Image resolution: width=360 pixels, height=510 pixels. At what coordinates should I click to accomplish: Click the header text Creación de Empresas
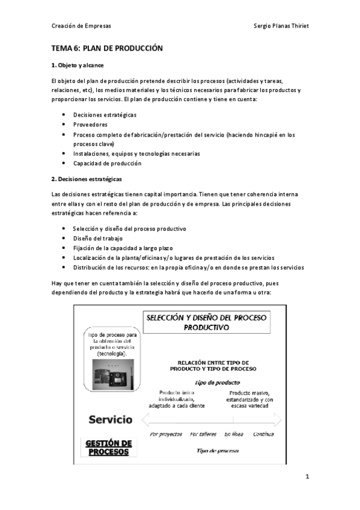pyautogui.click(x=81, y=26)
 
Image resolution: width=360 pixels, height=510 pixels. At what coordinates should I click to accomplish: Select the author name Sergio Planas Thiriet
pyautogui.click(x=282, y=26)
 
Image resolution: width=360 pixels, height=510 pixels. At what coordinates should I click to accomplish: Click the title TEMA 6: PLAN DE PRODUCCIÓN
pyautogui.click(x=107, y=48)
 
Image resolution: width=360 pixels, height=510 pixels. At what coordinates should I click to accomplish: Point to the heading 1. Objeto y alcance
pyautogui.click(x=78, y=64)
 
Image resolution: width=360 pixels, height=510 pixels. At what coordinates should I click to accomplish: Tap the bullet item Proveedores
pyautogui.click(x=91, y=124)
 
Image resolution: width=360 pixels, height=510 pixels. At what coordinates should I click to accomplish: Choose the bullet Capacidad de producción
pyautogui.click(x=107, y=163)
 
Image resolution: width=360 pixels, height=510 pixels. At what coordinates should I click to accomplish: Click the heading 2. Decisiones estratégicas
pyautogui.click(x=87, y=179)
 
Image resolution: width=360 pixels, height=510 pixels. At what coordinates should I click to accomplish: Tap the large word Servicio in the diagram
pyautogui.click(x=111, y=419)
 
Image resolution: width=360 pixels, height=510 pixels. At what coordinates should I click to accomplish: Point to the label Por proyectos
pyautogui.click(x=166, y=434)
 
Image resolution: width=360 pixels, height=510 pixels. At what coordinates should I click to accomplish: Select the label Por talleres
pyautogui.click(x=203, y=434)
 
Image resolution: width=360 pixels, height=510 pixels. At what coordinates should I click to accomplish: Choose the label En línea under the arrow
pyautogui.click(x=234, y=434)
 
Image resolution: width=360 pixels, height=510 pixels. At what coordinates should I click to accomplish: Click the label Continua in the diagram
pyautogui.click(x=263, y=434)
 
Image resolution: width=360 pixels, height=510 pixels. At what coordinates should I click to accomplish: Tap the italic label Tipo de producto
pyautogui.click(x=209, y=382)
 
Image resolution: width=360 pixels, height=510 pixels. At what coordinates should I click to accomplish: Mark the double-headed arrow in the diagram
pyautogui.click(x=212, y=419)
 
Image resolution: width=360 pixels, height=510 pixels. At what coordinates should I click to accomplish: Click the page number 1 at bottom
pyautogui.click(x=307, y=477)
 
